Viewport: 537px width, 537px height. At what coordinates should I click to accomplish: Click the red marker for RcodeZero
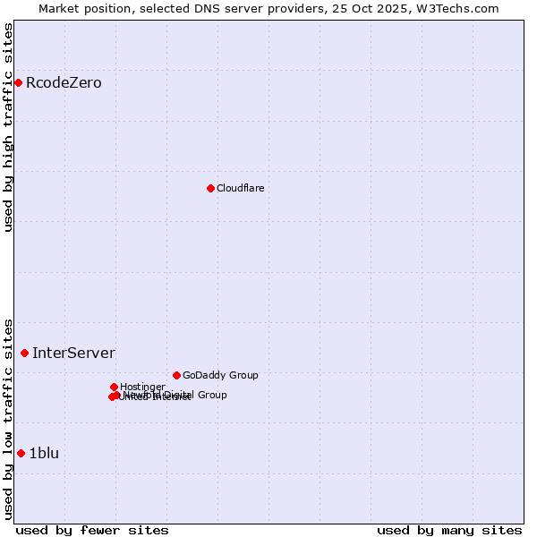18,83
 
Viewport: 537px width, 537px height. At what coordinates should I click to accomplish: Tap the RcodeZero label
64,83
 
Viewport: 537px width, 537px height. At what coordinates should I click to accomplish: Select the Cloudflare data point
210,188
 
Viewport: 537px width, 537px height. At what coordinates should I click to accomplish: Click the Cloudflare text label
240,188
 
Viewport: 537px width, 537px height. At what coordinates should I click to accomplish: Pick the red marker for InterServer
24,353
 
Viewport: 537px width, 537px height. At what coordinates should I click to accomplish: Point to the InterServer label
73,353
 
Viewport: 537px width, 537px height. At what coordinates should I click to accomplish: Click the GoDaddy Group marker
176,375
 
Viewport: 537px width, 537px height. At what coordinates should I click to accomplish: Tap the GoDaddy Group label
220,375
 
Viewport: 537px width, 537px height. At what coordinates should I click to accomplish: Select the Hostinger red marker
114,387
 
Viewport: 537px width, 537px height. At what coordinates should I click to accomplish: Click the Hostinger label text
142,387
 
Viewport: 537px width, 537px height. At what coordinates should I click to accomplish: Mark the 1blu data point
21,453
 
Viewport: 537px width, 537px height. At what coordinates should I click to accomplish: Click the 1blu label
44,453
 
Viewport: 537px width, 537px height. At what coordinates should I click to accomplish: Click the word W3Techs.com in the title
462,8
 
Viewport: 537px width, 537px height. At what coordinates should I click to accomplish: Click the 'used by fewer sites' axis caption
92,530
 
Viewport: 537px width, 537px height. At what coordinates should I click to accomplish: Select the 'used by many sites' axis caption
449,530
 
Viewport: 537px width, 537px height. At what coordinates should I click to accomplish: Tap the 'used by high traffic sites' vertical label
8,127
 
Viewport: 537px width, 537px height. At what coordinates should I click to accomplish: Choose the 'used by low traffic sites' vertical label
8,418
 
